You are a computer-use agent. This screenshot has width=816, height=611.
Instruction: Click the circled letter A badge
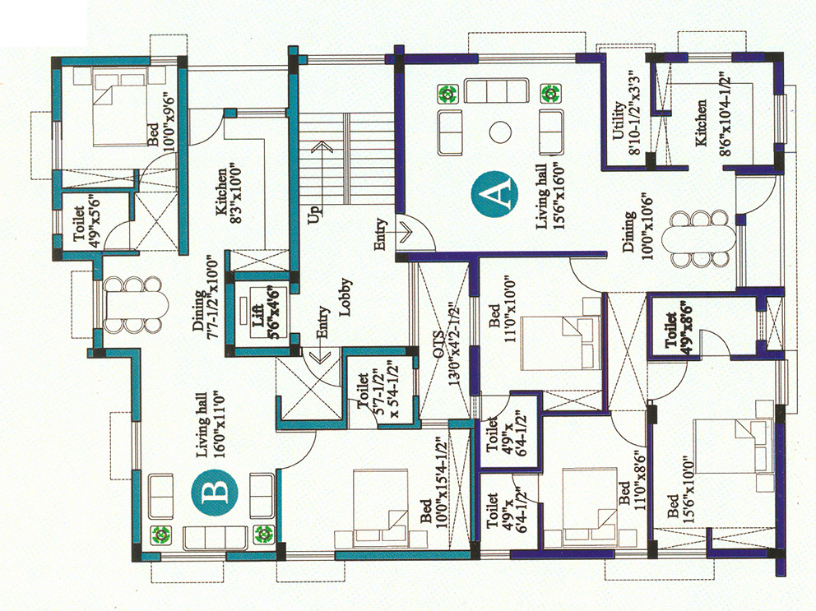pyautogui.click(x=494, y=194)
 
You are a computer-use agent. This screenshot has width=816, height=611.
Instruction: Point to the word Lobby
pyautogui.click(x=345, y=297)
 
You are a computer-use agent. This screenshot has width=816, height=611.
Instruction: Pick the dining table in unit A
pyautogui.click(x=699, y=238)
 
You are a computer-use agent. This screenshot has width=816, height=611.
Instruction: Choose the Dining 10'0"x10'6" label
pyautogui.click(x=637, y=232)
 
